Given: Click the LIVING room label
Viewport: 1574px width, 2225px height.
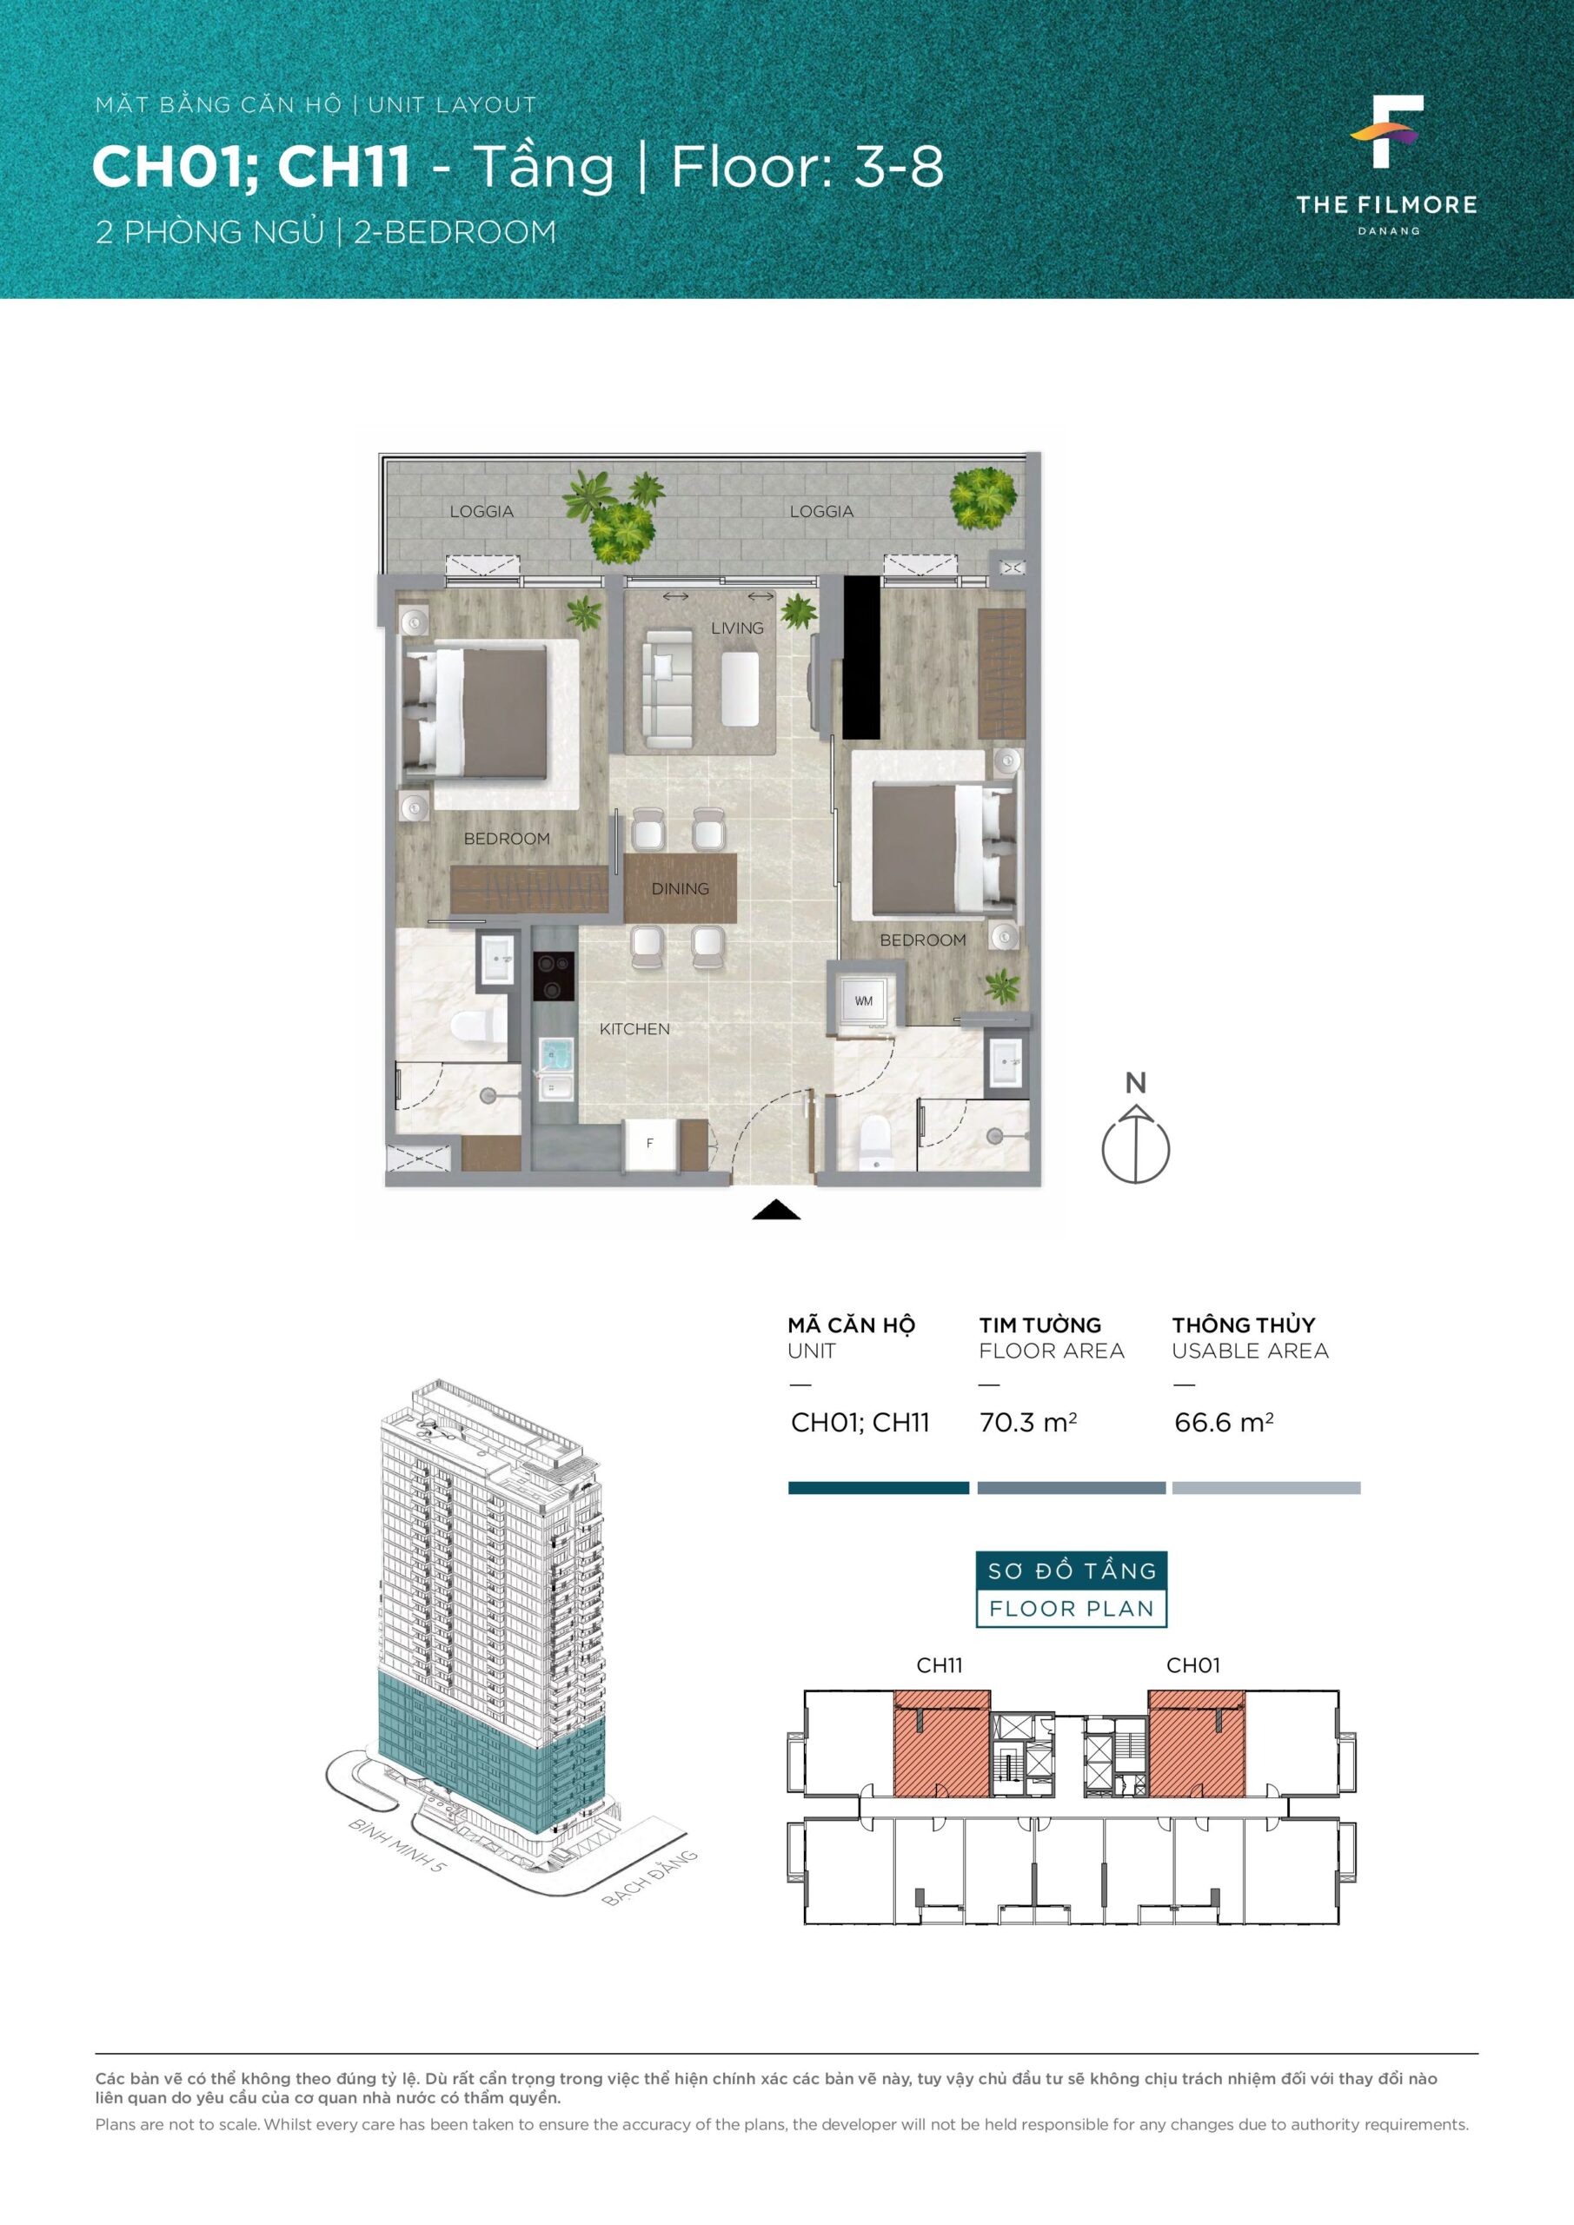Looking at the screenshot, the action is tap(737, 628).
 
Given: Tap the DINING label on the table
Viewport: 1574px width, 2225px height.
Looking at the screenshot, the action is tap(680, 888).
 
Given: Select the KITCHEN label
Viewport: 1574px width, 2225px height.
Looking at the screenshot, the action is tap(634, 1029).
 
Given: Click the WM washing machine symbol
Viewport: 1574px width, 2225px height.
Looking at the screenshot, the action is tap(864, 1001).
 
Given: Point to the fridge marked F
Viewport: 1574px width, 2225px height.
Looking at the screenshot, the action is tap(649, 1144).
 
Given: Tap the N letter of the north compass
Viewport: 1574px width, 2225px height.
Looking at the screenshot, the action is tap(1135, 1082).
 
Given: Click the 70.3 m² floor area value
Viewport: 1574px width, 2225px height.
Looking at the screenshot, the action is tap(1027, 1423).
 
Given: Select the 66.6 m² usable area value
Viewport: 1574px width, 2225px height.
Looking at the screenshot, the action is tap(1223, 1423).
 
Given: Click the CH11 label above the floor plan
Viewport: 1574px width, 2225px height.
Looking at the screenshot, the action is tap(940, 1666).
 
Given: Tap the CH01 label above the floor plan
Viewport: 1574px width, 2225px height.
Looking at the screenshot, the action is tap(1193, 1666).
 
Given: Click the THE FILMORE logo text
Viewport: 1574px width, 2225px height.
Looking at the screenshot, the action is tap(1387, 204).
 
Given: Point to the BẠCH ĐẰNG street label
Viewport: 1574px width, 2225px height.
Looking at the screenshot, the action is tap(650, 1878).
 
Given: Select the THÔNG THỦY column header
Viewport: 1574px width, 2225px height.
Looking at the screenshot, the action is tap(1244, 1325).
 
